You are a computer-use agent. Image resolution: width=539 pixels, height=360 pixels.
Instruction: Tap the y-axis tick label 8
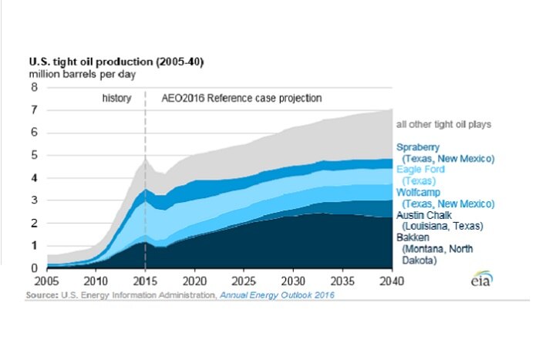click(x=33, y=87)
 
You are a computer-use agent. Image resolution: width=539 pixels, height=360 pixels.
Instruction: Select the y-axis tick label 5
click(x=33, y=155)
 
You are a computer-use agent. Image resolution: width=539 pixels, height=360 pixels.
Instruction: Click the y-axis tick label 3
click(x=33, y=200)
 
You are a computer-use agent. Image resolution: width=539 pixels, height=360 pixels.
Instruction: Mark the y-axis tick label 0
click(x=33, y=268)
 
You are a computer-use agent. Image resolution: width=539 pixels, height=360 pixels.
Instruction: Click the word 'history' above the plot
click(x=116, y=99)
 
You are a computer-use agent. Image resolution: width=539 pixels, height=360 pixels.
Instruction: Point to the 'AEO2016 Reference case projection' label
click(x=241, y=99)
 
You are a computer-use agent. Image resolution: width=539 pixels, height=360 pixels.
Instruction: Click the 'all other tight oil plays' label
click(x=443, y=124)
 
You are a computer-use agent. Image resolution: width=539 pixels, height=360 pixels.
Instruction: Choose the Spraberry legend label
click(x=419, y=146)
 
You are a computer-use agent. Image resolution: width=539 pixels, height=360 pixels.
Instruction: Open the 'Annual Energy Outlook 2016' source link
click(x=275, y=295)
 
